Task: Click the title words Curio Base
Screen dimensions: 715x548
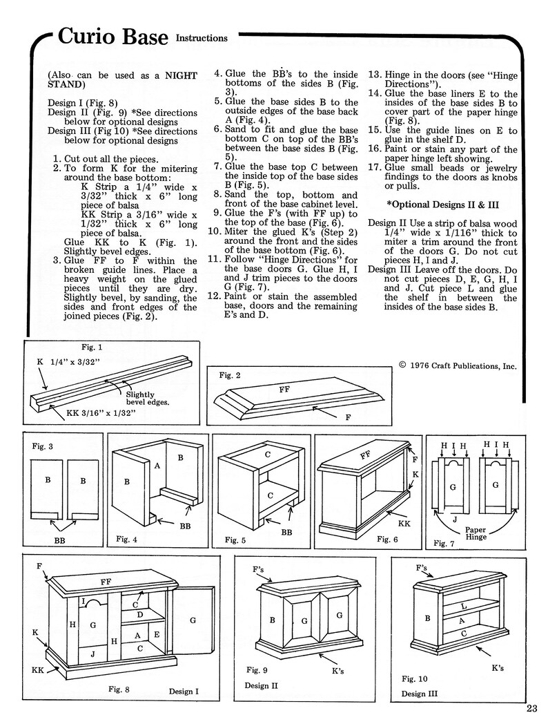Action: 112,37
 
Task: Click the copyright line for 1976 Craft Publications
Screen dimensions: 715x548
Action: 457,366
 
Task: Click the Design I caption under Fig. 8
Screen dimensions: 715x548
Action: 184,691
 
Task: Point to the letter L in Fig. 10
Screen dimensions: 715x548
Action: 464,606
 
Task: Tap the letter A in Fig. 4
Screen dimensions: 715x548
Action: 157,466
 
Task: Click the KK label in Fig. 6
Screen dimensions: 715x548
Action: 404,524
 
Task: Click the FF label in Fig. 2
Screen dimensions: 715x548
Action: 284,390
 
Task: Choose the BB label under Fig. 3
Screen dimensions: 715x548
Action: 60,540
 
